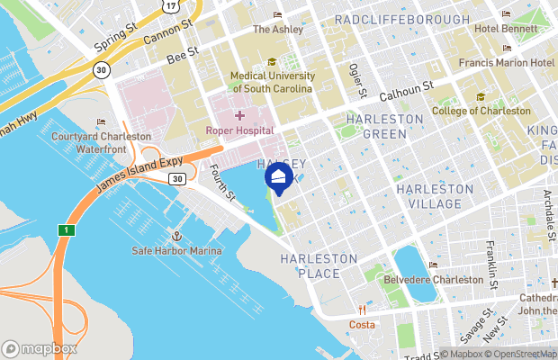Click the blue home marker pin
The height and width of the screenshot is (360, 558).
click(x=279, y=176)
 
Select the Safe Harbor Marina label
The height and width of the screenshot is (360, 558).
click(x=176, y=250)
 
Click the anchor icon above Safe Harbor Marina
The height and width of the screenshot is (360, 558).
click(x=177, y=236)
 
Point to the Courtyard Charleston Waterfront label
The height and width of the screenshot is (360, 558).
click(x=100, y=142)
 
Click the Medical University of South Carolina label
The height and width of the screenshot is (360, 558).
click(x=272, y=83)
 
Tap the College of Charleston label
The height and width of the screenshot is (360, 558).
click(x=481, y=111)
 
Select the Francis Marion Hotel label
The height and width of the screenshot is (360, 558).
click(x=506, y=62)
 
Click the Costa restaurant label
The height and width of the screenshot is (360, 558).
click(x=362, y=323)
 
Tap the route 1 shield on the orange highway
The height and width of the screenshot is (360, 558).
click(x=65, y=229)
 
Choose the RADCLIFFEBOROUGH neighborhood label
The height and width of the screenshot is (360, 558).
click(x=401, y=20)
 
